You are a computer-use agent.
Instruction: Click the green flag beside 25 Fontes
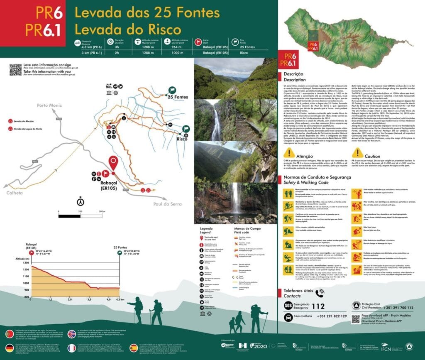(x=172, y=90)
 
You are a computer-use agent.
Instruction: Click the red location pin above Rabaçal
(x=112, y=163)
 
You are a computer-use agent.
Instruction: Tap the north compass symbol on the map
(x=80, y=202)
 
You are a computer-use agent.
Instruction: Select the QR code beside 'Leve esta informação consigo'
(x=15, y=69)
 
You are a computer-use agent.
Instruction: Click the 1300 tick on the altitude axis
(x=26, y=263)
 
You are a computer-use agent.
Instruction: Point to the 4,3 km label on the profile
(x=120, y=299)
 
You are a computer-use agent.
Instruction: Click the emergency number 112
(x=318, y=306)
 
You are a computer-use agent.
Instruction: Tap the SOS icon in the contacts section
(x=288, y=306)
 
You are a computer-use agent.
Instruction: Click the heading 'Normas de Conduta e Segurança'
(x=318, y=177)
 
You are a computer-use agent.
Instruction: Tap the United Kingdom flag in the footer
(x=72, y=334)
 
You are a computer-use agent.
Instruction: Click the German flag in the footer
(x=9, y=348)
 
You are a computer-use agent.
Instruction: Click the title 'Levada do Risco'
(x=128, y=30)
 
